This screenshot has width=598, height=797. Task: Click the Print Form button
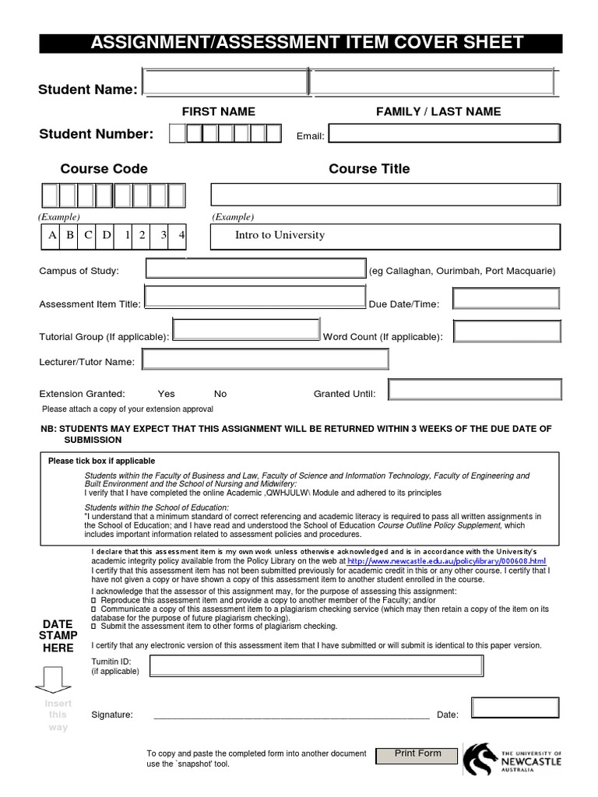[417, 755]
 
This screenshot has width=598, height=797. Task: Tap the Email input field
[444, 135]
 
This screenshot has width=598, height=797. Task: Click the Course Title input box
[385, 195]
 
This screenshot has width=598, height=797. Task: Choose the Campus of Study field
[256, 269]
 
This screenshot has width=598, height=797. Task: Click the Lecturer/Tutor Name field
[265, 360]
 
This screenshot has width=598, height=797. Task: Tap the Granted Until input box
[474, 389]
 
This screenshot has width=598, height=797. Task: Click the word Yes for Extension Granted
[166, 394]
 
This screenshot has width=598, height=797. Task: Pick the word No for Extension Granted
[220, 394]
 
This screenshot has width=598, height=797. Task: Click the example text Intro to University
[280, 235]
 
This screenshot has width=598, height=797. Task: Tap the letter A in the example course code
[52, 235]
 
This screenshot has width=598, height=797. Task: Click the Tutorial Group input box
[247, 331]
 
